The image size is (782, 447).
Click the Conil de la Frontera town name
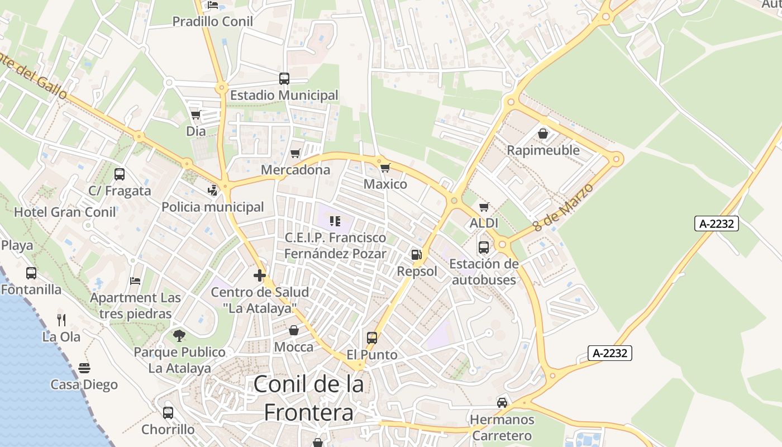[x=308, y=398]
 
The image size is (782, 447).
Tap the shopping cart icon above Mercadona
[x=295, y=153]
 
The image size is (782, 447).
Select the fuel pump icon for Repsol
[x=416, y=255]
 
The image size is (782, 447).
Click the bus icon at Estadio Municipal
[x=284, y=79]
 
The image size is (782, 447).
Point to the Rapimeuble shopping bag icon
[x=542, y=134]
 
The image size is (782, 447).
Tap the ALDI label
[x=484, y=223]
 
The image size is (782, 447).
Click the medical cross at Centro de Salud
[x=260, y=275]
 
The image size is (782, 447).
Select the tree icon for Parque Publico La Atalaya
[x=179, y=335]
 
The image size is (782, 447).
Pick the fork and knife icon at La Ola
[x=61, y=320]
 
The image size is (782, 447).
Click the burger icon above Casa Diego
[x=84, y=368]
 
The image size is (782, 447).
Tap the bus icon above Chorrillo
[x=168, y=413]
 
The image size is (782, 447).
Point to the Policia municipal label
[x=213, y=207]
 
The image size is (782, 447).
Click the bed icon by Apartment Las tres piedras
[x=135, y=280]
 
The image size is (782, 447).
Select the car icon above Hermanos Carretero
[x=502, y=402]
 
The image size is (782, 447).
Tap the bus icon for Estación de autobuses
[x=484, y=247]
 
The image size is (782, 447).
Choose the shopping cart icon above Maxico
[x=385, y=168]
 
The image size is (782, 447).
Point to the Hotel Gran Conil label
[x=65, y=212]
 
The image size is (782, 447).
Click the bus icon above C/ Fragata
[x=120, y=174]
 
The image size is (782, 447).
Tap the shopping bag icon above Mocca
[x=294, y=330]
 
